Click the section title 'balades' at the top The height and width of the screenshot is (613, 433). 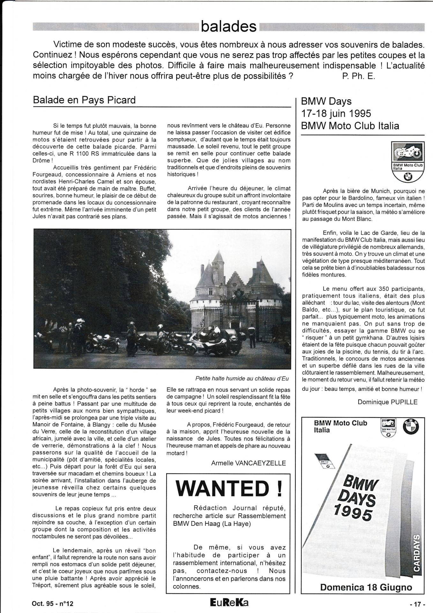click(x=229, y=27)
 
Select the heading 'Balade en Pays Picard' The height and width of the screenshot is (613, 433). click(x=84, y=100)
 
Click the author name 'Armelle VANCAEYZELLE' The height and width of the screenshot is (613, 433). click(x=249, y=463)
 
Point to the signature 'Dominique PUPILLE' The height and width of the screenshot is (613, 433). click(x=387, y=402)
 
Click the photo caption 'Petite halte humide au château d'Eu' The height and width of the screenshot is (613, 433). click(x=242, y=379)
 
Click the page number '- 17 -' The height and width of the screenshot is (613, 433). click(x=417, y=604)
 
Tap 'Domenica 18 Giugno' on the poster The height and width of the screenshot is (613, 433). click(x=366, y=587)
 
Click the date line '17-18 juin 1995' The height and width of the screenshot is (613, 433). click(x=336, y=113)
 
